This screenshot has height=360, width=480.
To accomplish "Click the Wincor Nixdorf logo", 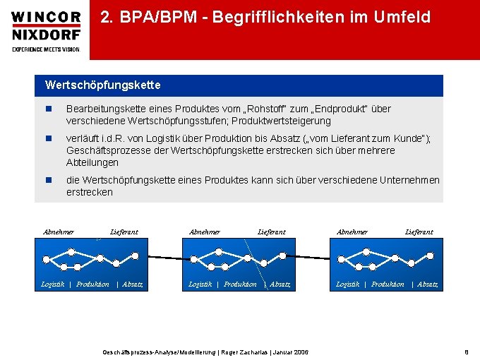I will point(46,25).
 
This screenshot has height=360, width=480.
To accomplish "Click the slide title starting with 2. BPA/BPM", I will point(265,18).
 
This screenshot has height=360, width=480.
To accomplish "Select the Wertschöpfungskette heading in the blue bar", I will point(103,85).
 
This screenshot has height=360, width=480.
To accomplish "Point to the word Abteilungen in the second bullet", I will point(92,163).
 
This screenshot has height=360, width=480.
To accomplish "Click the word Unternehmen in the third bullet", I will point(409,180).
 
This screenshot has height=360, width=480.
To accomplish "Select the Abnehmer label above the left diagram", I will point(59,232).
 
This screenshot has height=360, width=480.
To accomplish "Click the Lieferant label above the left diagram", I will point(124,232).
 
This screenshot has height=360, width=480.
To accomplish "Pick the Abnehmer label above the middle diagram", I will point(205,232).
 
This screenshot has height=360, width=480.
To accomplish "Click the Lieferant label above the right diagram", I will point(419,232).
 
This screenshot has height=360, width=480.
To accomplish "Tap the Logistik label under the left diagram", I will point(53,284).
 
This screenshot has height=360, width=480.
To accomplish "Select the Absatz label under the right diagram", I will point(428,284).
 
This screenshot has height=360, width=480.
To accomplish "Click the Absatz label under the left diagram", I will point(133,284).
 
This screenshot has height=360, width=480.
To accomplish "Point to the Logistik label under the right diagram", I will point(347,284).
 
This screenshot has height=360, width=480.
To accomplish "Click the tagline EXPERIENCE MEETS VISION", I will point(46,49).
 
